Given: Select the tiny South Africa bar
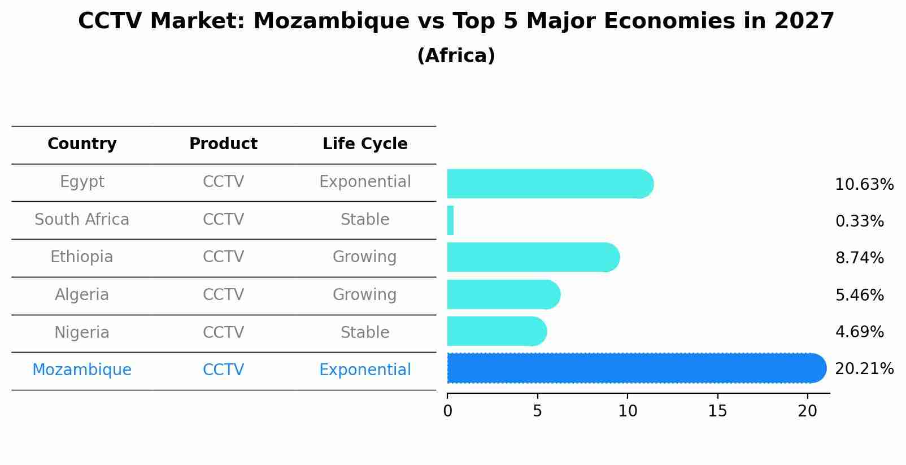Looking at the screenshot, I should pos(450,220).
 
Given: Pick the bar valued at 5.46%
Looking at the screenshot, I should pos(503,294).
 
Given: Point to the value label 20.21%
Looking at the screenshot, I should pos(864,369).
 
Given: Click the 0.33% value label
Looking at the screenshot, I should pos(859,221).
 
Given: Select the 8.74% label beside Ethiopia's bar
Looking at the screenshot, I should pos(859,258).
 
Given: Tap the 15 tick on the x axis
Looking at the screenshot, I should pos(717,411).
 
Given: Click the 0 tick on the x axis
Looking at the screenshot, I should pos(447,411).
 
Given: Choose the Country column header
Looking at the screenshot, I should pos(82,144).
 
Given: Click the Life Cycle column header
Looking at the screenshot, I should pos(365,144).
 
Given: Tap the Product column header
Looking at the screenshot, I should pos(223,144).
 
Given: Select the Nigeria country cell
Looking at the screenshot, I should pos(82,332).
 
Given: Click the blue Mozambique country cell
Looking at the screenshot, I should pos(82,370).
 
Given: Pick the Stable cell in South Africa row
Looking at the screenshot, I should pos(365,220).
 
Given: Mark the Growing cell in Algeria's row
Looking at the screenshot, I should pos(365,295).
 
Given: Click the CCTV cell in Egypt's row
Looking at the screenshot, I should pos(223,182).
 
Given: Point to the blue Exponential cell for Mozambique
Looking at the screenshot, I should pos(365,370).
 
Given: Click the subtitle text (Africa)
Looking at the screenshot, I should pos(456,56).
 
